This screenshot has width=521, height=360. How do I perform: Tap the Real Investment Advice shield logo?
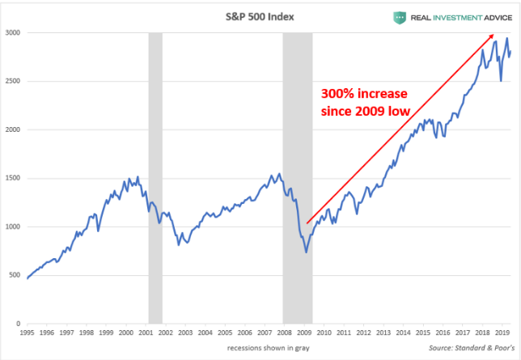[400, 17]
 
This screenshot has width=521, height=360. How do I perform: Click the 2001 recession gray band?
[155, 178]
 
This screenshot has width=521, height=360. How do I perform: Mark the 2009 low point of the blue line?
[306, 252]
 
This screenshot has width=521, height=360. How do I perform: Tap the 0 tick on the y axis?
[19, 324]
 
